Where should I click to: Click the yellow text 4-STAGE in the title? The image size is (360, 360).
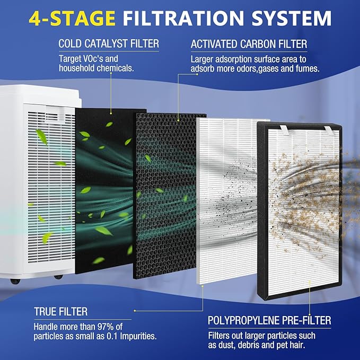tap(72, 18)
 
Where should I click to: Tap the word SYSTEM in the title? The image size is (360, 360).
tap(292, 18)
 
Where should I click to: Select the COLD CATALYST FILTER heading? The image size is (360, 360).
tap(109, 43)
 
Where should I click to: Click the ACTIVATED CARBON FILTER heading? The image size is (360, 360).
tap(249, 44)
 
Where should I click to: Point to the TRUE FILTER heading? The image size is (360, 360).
tap(61, 312)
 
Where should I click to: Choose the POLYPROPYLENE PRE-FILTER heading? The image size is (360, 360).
tap(269, 320)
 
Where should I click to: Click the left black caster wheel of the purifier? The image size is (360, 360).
tap(15, 281)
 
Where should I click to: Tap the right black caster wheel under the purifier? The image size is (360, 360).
tap(58, 277)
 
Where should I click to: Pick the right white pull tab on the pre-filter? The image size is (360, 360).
tap(329, 130)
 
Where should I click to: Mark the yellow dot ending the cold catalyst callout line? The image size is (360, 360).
tap(111, 113)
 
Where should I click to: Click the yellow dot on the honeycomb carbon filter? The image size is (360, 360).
tap(178, 120)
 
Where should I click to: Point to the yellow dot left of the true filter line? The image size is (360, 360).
tap(135, 311)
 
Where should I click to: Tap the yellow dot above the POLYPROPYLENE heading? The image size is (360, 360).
tap(310, 314)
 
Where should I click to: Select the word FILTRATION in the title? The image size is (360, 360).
tap(183, 18)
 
